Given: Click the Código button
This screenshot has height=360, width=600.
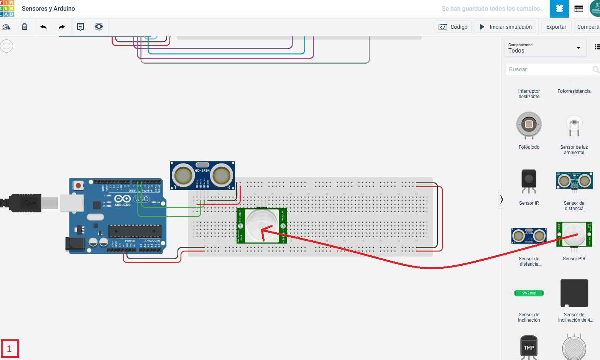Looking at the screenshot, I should tap(453, 27).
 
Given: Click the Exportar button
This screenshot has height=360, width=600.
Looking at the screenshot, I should tap(556, 27).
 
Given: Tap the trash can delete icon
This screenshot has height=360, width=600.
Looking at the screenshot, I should tap(25, 27).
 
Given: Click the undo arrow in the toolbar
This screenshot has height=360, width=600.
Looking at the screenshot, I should tap(43, 27).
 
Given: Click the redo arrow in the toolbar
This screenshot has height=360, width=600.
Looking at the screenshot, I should tap(62, 27).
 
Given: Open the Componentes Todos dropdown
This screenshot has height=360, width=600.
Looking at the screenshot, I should tap(545, 48).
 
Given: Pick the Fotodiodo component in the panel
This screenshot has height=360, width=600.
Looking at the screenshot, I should tap(529, 125).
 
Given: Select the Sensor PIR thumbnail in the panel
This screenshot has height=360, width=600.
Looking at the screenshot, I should tap(574, 235).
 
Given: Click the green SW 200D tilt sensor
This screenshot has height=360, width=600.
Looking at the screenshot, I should tap(529, 293).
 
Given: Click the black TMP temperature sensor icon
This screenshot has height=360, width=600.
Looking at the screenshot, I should tap(529, 347).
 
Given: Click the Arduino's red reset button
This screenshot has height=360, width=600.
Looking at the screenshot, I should tap(78, 186).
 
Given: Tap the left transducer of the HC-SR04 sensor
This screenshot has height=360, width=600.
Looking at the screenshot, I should tap(183, 176).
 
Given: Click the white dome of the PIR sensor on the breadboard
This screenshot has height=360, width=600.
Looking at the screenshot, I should tap(261, 225).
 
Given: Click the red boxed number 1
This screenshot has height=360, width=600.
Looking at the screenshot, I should tap(10, 349).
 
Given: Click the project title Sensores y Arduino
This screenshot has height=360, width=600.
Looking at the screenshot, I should tap(48, 8).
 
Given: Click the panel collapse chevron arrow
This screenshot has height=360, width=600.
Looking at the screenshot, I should tap(501, 199).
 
